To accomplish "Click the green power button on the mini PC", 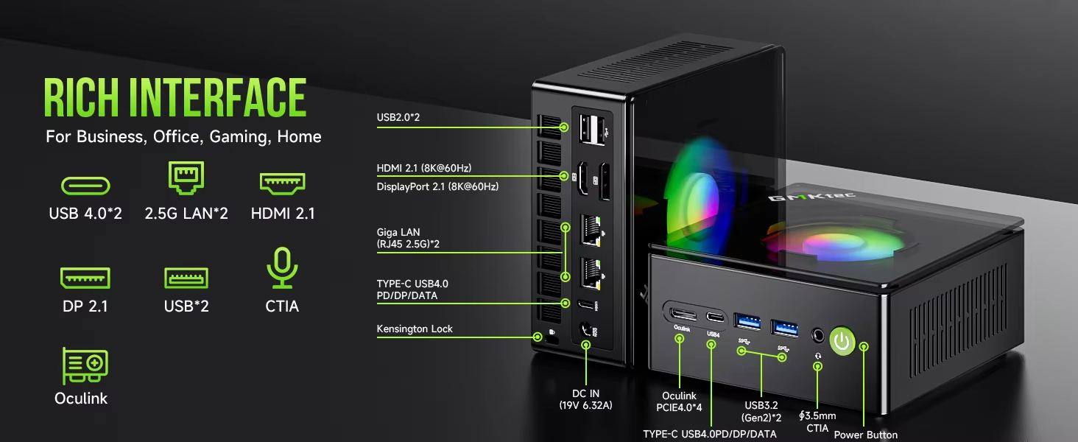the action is click(842, 342).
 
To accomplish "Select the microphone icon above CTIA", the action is click(282, 267).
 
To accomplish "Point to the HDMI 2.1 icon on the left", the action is click(283, 183).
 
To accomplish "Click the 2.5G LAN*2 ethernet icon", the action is click(186, 178).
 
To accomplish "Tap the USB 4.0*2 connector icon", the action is click(85, 186).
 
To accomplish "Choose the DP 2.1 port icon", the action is click(85, 278).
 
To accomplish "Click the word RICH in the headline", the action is click(81, 98).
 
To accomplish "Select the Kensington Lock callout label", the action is click(415, 329).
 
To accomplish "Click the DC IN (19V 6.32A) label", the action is click(585, 399).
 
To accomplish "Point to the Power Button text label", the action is click(865, 435).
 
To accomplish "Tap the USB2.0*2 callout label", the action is click(398, 117).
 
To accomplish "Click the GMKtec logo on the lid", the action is click(811, 197).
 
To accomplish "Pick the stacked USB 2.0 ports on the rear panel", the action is click(592, 129).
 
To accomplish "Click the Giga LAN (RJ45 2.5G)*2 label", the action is click(408, 238).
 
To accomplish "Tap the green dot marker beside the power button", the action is click(864, 346).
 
